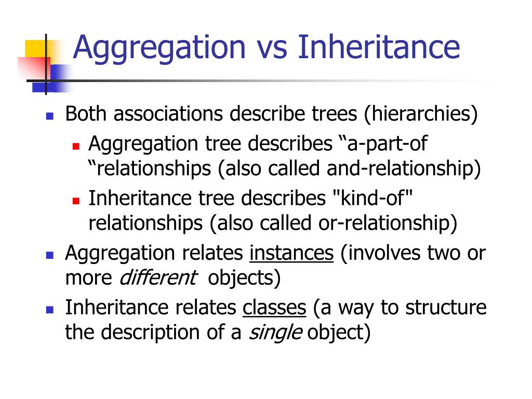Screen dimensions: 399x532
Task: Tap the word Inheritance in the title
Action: pyautogui.click(x=379, y=47)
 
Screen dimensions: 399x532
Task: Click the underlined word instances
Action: pyautogui.click(x=291, y=253)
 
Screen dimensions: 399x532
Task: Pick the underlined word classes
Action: pyautogui.click(x=274, y=308)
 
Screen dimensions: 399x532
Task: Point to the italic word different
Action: pyautogui.click(x=158, y=278)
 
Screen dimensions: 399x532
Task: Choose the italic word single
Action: pyautogui.click(x=275, y=332)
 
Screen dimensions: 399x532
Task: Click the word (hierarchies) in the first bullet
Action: pyautogui.click(x=420, y=114)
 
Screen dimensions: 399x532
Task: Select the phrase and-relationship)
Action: pyautogui.click(x=404, y=168)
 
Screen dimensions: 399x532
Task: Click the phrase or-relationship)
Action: pyautogui.click(x=389, y=223)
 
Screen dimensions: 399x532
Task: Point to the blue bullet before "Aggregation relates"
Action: pyautogui.click(x=50, y=255)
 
